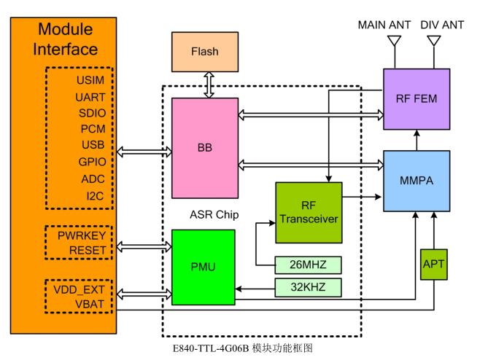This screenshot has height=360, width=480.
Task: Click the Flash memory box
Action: tap(204, 52)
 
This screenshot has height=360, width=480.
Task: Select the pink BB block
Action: tap(204, 148)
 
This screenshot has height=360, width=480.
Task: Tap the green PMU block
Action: tap(204, 267)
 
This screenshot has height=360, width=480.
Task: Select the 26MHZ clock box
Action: tap(308, 263)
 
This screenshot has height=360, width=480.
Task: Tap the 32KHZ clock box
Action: tap(308, 287)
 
